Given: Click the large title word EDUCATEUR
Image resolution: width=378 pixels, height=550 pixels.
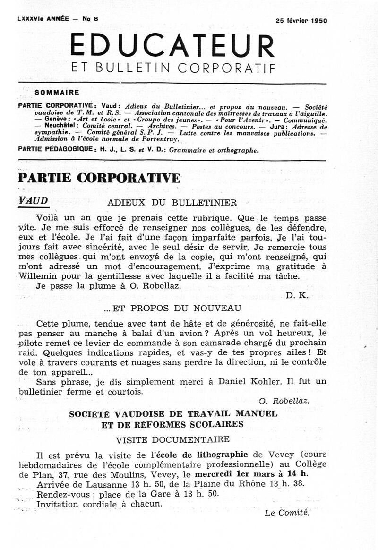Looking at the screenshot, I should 172,46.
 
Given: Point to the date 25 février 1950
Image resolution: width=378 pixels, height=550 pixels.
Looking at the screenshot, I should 301,21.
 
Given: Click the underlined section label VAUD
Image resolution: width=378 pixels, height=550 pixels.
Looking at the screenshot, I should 33,200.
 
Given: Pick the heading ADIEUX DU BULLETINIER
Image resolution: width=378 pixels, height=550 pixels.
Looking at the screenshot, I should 172,203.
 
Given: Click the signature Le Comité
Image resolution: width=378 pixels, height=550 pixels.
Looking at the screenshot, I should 287,512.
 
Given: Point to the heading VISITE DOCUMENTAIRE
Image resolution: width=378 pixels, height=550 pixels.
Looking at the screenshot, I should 173,439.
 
